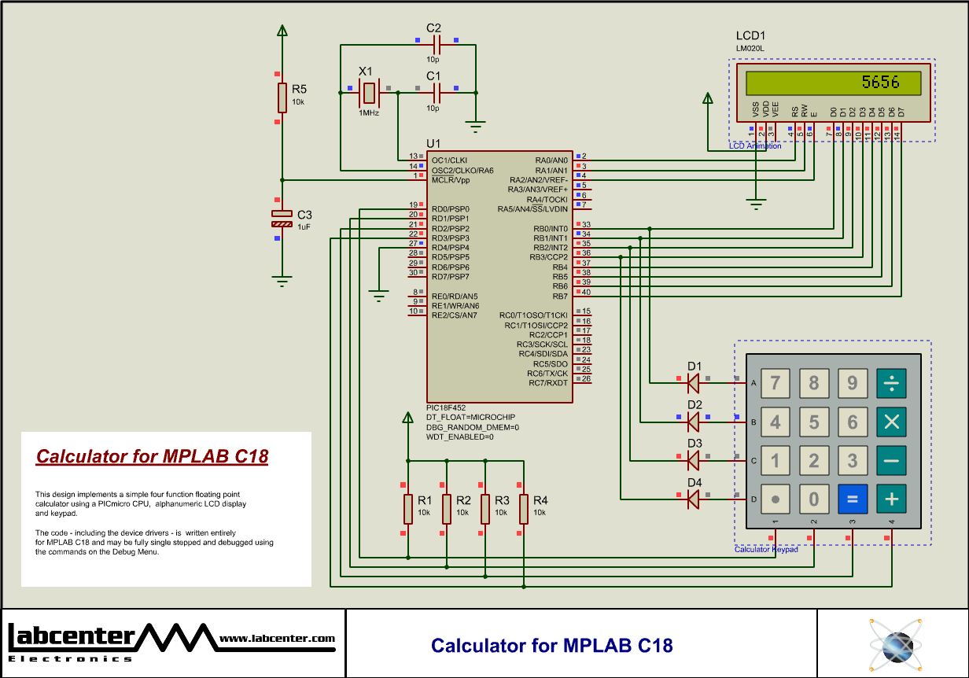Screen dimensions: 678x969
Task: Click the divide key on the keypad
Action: pyautogui.click(x=891, y=383)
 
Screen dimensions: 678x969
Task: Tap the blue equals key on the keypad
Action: pyautogui.click(x=853, y=499)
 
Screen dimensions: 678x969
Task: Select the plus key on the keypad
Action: pyautogui.click(x=891, y=499)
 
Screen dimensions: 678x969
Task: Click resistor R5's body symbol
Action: pyautogui.click(x=282, y=98)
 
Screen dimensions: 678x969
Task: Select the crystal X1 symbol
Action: pyautogui.click(x=369, y=93)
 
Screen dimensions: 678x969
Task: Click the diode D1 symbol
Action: pyautogui.click(x=694, y=383)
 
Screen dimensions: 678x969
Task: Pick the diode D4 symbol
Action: pyautogui.click(x=694, y=499)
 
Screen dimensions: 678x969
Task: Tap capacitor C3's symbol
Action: pyautogui.click(x=282, y=219)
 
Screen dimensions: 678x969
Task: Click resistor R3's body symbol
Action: pyautogui.click(x=484, y=509)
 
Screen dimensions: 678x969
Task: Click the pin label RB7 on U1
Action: pyautogui.click(x=560, y=297)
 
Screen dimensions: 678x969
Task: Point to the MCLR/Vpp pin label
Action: pyautogui.click(x=450, y=180)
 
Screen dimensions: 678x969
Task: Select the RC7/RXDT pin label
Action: pyautogui.click(x=548, y=383)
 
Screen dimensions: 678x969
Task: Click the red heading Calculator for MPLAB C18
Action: pyautogui.click(x=153, y=457)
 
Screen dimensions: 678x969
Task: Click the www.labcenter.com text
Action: pyautogui.click(x=277, y=639)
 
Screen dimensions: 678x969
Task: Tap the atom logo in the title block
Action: pyautogui.click(x=894, y=644)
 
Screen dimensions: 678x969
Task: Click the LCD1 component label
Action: pyautogui.click(x=750, y=35)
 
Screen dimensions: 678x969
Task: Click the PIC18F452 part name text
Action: pyautogui.click(x=446, y=407)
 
